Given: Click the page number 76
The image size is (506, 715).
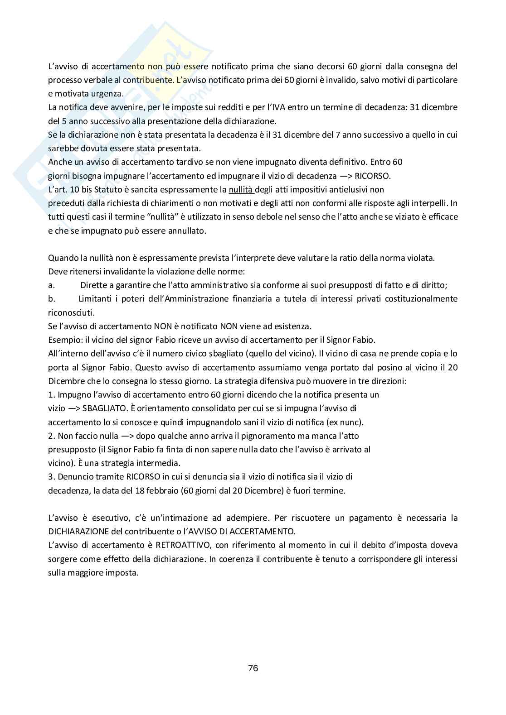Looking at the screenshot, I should (253, 668).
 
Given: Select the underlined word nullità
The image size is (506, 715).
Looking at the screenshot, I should (240, 189).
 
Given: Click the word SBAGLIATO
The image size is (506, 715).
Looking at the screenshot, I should (104, 408).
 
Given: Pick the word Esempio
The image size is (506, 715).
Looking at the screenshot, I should (63, 340).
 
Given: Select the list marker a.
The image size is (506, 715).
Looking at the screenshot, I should (51, 285).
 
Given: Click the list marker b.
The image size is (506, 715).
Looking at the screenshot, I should (51, 299).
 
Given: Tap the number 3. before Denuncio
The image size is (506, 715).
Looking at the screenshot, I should (51, 477).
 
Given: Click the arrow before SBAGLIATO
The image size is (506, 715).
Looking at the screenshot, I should (73, 408).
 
